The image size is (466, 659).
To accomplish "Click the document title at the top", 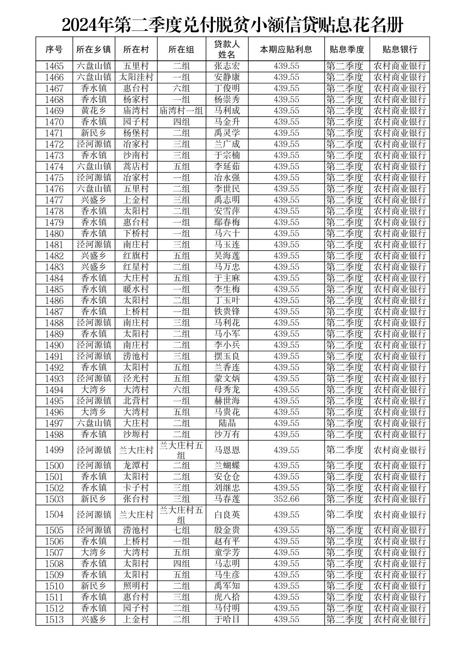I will tap(232, 25).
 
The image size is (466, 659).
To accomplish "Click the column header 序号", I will tap(54, 49).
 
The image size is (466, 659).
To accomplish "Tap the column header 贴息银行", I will tap(399, 49).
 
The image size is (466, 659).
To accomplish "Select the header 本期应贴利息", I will tap(286, 49).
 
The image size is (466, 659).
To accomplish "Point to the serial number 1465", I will tap(54, 66).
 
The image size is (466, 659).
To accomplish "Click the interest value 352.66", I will tap(286, 499).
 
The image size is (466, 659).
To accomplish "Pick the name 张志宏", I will tap(227, 66).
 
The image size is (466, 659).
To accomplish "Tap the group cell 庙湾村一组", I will tap(181, 111).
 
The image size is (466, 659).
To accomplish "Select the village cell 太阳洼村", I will tap(136, 78).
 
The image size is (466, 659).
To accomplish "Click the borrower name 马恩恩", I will tap(227, 450).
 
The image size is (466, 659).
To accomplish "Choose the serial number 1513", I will tap(54, 620).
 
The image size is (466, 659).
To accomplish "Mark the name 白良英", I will tap(227, 515).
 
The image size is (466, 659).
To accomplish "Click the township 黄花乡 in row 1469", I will tap(94, 111).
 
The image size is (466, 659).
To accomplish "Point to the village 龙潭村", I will tap(136, 466).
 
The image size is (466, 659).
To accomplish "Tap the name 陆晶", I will tap(227, 423).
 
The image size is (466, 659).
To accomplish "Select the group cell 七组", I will tap(181, 530).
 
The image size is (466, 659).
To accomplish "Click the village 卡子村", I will tap(136, 488).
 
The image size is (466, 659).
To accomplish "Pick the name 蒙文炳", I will tap(227, 379).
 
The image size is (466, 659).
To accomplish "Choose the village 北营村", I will tap(136, 401).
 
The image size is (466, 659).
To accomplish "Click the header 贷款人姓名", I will tap(227, 49).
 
